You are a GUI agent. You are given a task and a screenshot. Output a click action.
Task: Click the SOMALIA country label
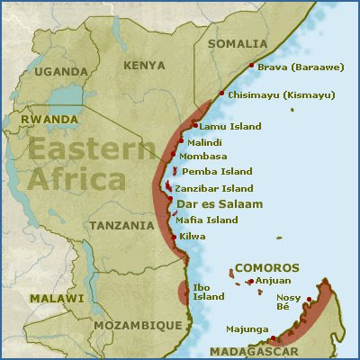[238, 43]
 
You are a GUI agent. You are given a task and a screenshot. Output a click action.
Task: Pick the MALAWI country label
[56, 298]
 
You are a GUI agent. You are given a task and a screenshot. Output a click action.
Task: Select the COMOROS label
[266, 268]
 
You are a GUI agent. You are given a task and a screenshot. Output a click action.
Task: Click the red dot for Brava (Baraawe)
[250, 66]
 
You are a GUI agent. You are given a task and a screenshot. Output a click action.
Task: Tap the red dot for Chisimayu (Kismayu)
[221, 94]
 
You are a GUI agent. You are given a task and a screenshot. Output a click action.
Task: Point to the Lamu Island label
[232, 127]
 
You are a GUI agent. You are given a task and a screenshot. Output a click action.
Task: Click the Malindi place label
[205, 142]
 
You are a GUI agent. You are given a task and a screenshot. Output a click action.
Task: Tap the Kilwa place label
[193, 236]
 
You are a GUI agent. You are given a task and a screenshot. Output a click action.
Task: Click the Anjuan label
[274, 281]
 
